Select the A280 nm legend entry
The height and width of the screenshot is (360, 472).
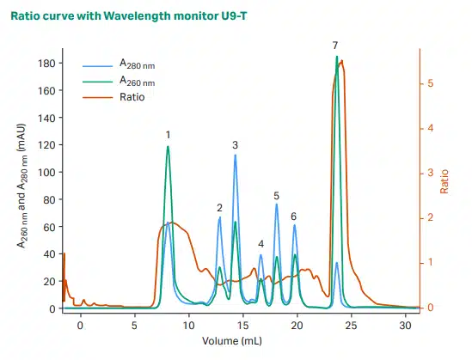[137, 64]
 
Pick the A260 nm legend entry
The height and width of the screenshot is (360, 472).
[137, 81]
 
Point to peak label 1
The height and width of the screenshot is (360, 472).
[168, 135]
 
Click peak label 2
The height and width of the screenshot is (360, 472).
[220, 208]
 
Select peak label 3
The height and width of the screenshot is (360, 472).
[235, 145]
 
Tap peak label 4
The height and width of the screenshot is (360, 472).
[261, 245]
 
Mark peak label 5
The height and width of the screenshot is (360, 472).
[276, 196]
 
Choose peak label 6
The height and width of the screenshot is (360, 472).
[293, 217]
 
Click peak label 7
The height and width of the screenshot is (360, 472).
[335, 45]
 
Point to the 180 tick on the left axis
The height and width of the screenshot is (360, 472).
[48, 64]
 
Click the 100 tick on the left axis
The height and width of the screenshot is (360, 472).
[48, 173]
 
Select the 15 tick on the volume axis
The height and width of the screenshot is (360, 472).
[243, 326]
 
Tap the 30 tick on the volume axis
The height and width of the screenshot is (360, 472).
[406, 326]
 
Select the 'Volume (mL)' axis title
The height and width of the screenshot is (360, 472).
[232, 342]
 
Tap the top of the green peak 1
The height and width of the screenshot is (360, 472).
[168, 147]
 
